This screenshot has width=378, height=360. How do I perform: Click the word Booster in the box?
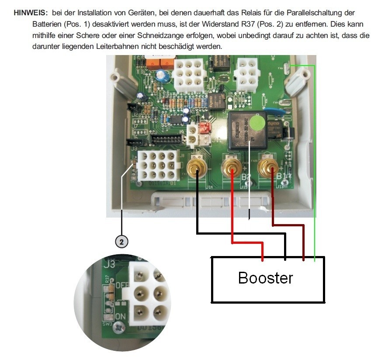[266, 277]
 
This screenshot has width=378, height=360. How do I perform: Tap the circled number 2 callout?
[121, 241]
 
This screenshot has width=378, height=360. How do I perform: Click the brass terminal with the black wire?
[196, 166]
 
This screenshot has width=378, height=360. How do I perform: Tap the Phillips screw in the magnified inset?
[120, 327]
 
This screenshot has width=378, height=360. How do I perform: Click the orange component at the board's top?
[157, 64]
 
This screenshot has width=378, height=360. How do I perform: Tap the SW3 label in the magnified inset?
[106, 325]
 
